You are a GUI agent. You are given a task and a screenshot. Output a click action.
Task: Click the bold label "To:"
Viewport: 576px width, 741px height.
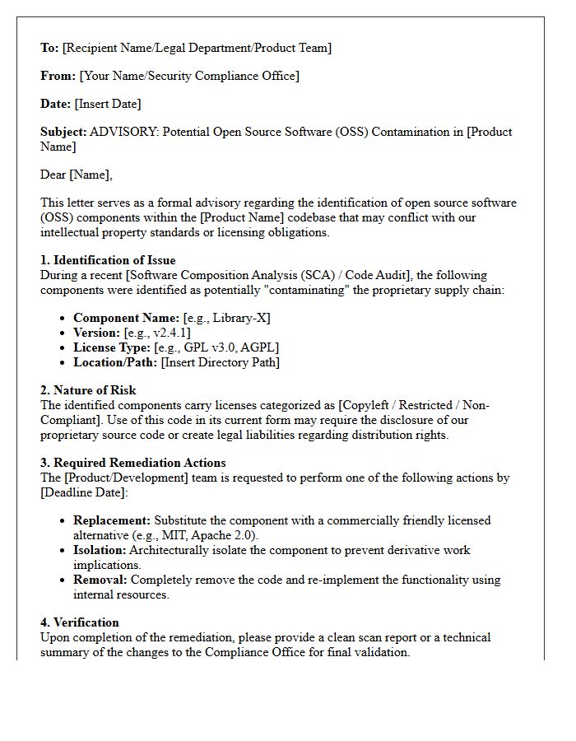pos(49,48)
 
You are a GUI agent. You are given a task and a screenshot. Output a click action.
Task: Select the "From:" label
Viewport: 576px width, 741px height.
pos(58,76)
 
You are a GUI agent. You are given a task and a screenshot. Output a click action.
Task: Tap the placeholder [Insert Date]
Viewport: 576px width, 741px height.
pos(108,104)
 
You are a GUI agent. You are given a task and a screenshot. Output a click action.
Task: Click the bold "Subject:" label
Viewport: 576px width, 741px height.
pos(63,132)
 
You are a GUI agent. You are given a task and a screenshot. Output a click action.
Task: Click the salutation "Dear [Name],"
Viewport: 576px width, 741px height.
pos(77,175)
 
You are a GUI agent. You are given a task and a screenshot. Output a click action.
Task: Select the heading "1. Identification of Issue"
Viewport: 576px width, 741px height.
pos(108,260)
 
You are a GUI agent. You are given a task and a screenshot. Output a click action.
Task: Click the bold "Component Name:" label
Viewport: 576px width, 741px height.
pos(126,318)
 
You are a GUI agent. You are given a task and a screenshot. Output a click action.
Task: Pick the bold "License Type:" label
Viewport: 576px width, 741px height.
pos(112,347)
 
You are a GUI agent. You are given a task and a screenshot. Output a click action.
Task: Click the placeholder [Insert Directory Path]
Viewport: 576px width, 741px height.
pos(221,362)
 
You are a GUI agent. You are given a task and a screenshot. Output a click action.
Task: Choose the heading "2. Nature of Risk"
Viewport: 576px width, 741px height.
pos(88,390)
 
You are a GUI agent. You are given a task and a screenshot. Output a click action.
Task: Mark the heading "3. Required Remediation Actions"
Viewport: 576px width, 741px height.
pos(132,463)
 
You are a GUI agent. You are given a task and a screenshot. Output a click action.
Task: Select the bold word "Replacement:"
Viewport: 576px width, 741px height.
pos(112,520)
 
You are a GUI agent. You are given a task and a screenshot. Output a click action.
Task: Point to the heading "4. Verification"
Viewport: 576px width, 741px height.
pos(80,622)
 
